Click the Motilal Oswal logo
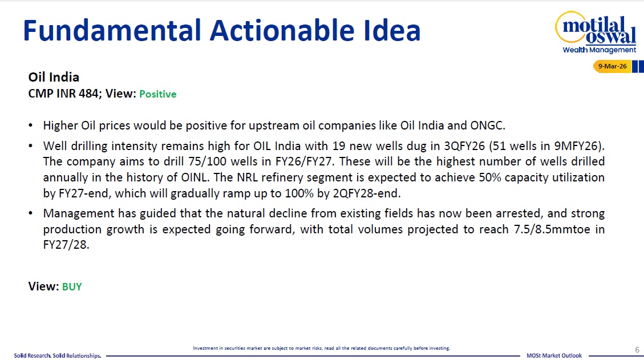596,33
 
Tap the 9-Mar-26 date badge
612,66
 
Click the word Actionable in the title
282,30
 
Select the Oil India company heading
54,77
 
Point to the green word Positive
157,94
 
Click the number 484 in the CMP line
88,94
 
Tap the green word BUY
72,286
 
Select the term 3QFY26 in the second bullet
464,146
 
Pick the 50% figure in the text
490,177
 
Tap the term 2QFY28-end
366,193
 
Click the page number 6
637,350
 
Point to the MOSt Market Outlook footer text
554,355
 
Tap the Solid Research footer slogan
58,355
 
